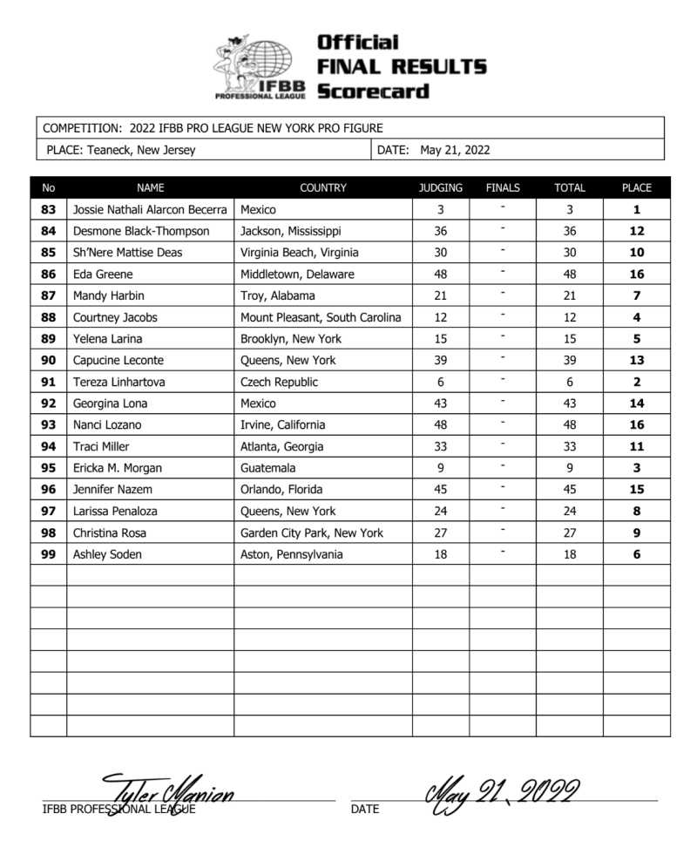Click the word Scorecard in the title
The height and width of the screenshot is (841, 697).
point(373,91)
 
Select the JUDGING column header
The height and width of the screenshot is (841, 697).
point(440,187)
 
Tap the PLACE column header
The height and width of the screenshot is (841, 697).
point(636,187)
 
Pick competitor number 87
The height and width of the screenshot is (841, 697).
point(48,296)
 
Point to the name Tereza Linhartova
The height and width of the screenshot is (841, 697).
point(110,382)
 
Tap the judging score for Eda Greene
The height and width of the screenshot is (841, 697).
point(440,275)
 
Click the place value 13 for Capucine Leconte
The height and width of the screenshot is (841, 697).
point(636,361)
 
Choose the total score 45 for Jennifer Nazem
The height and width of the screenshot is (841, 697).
point(570,490)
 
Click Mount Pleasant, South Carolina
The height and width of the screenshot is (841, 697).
point(321,317)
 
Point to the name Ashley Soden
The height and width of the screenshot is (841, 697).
point(108,554)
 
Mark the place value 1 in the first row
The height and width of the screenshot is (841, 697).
point(636,210)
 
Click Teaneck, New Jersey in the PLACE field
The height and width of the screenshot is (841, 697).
point(141,150)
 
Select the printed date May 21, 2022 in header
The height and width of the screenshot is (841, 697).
point(455,150)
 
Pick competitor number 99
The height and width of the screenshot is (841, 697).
point(48,554)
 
